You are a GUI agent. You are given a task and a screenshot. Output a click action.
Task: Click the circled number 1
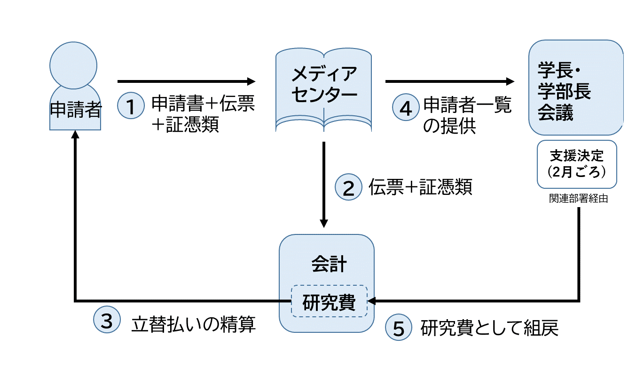131,106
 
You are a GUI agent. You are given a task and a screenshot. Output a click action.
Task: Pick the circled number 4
405,106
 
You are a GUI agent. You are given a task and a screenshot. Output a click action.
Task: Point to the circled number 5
399,328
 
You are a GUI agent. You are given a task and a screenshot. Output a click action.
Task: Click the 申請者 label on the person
75,110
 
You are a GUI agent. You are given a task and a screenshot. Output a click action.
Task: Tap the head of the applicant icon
73,64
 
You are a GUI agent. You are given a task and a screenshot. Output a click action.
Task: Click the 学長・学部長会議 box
575,88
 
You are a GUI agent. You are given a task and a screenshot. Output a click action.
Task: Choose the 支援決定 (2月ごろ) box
576,164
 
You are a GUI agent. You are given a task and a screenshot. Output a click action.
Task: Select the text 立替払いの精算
194,325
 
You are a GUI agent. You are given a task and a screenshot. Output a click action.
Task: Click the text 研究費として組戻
489,329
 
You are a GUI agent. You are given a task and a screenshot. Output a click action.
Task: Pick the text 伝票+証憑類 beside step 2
420,187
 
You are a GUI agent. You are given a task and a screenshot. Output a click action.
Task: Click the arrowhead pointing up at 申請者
75,135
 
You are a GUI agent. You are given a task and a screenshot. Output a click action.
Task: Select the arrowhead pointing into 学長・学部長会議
510,81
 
